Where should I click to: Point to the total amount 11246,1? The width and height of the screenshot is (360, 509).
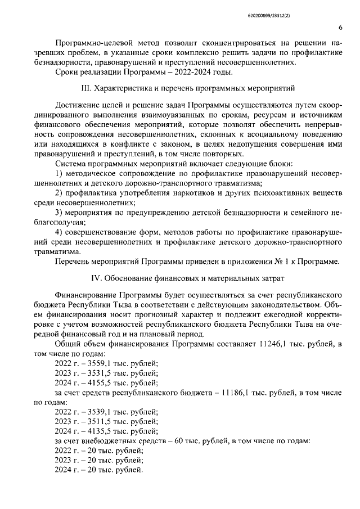coord(275,344)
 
